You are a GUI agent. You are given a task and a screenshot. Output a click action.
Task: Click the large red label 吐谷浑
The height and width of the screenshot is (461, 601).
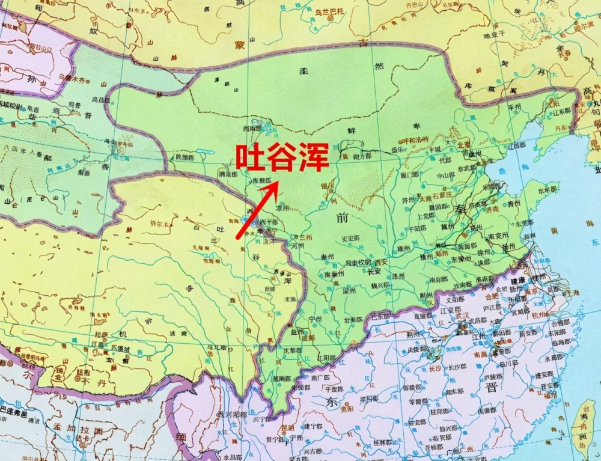(x=281, y=157)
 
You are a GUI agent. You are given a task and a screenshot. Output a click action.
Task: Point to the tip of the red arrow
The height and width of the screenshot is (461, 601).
(x=278, y=183)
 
